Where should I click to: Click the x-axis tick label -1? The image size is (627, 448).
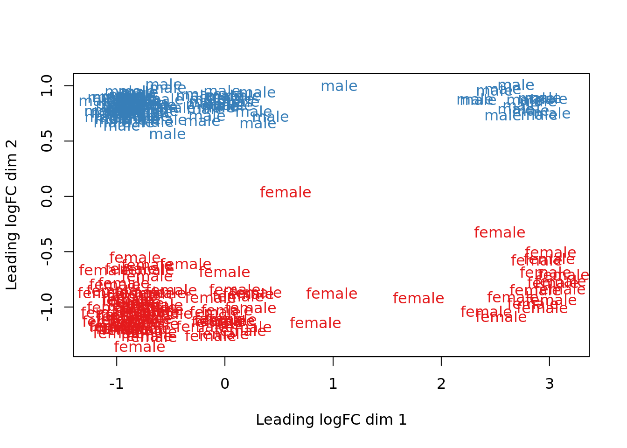point(117,384)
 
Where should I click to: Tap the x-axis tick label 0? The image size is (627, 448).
point(225,384)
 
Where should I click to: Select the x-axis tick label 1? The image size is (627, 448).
point(333,384)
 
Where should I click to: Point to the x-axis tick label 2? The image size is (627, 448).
point(441,384)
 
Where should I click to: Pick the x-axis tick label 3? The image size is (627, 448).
point(550,384)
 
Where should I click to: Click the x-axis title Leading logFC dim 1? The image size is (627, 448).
point(331,420)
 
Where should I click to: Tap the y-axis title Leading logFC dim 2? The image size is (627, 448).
point(12,215)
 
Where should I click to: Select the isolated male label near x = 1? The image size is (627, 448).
point(339,86)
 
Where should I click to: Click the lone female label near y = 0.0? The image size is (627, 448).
point(286,193)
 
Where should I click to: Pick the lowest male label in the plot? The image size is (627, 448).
point(167,134)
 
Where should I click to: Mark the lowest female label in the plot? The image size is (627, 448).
point(139,347)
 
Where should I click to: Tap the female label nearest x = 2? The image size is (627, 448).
point(418,299)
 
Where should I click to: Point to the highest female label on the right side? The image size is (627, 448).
point(500,233)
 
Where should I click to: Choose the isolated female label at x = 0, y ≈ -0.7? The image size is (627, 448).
point(224,273)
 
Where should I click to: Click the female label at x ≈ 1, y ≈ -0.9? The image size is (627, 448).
point(332,294)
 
